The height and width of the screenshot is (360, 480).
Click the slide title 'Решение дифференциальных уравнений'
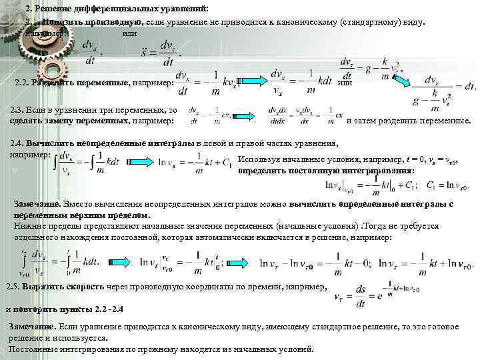tap(127, 8)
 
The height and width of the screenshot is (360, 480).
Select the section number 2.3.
tap(19, 109)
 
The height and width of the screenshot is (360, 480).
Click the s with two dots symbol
tap(143, 51)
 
